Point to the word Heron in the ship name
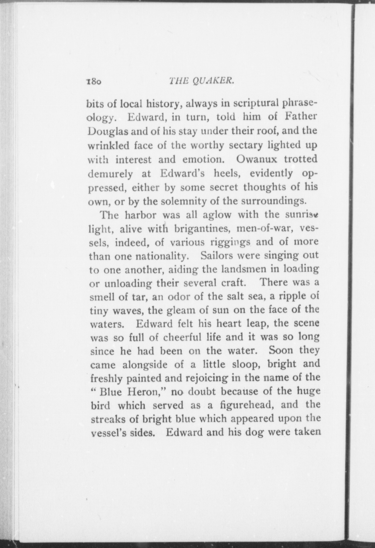click(x=147, y=392)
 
